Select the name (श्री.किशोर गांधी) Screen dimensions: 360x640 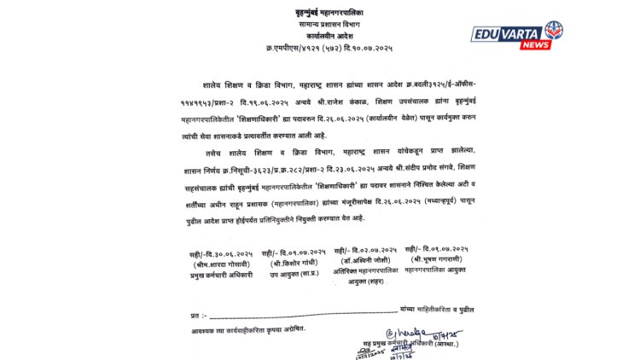click(x=294, y=264)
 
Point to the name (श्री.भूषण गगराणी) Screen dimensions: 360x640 click(x=441, y=257)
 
